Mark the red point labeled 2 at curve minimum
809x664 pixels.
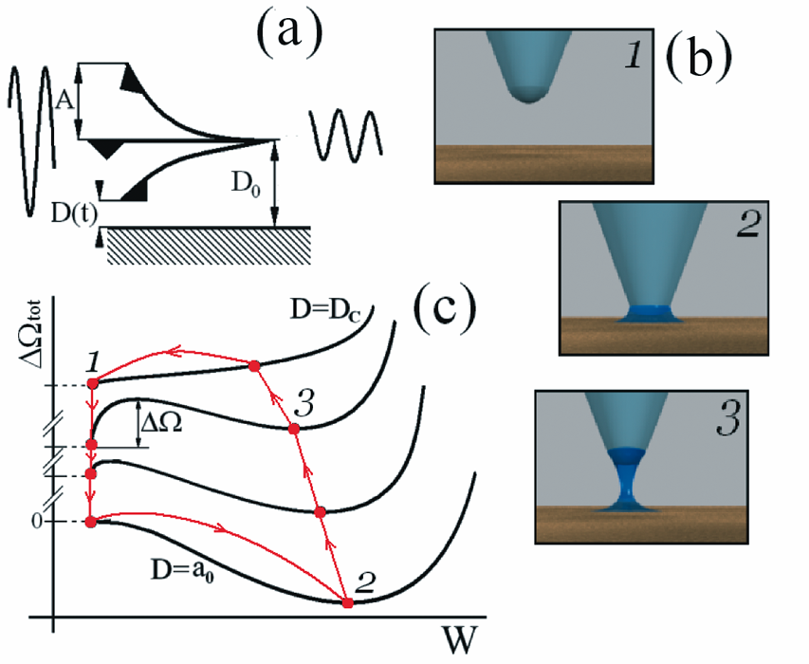pos(348,602)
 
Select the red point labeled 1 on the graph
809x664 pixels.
pos(92,383)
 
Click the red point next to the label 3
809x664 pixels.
pos(295,429)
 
